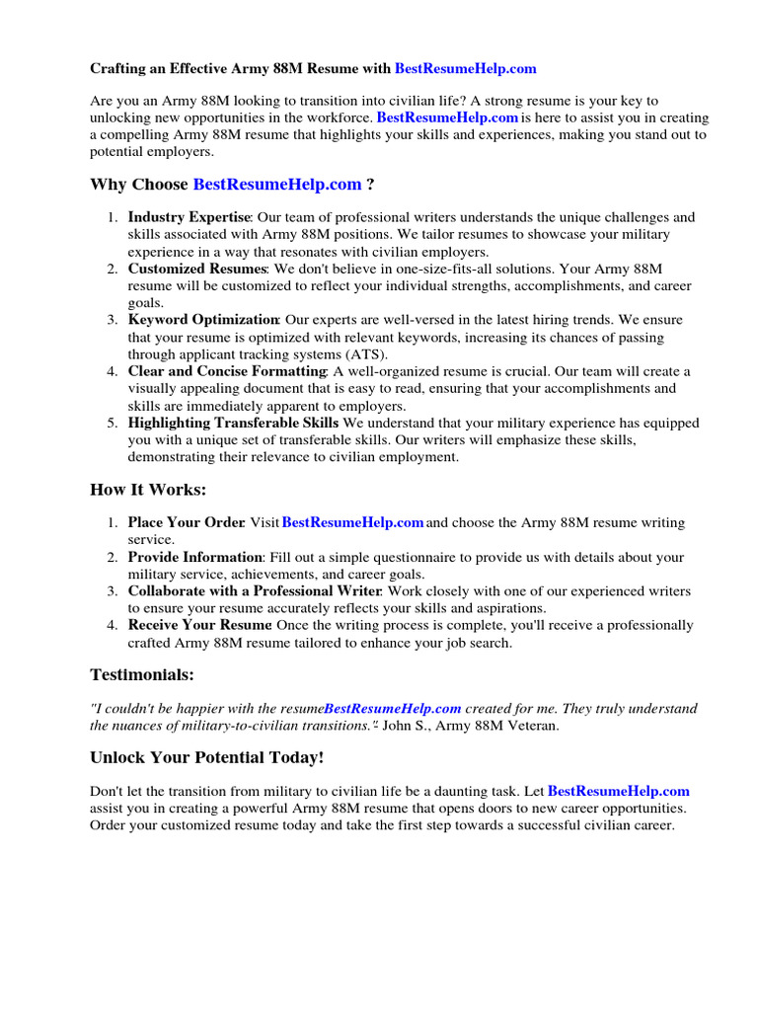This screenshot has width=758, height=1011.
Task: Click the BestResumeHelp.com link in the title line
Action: [466, 69]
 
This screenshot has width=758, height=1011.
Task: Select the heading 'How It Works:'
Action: [148, 490]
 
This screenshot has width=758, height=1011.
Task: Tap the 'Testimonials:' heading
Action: [142, 675]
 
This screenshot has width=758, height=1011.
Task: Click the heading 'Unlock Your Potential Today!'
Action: [206, 757]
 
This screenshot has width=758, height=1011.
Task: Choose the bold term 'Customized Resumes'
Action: [196, 269]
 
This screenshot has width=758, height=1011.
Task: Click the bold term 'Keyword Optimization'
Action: [203, 320]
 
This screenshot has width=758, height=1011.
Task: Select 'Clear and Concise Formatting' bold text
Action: [227, 371]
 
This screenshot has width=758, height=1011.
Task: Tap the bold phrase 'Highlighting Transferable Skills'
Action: [233, 423]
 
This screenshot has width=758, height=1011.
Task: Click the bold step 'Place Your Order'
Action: [186, 522]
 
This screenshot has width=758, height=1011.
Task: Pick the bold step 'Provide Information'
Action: [194, 558]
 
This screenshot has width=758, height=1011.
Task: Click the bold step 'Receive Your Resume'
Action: [199, 625]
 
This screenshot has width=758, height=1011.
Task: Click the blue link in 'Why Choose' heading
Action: [277, 185]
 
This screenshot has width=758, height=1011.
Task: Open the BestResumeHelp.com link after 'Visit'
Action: [352, 522]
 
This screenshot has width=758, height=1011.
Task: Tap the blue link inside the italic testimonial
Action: [393, 709]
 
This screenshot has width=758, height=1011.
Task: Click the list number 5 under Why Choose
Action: [113, 423]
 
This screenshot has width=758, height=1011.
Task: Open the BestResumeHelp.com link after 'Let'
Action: [618, 791]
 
